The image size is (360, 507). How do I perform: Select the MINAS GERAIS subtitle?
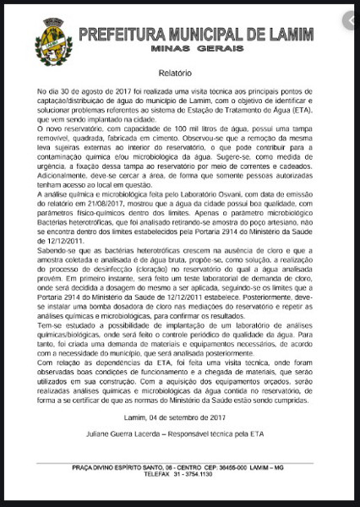(196, 51)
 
